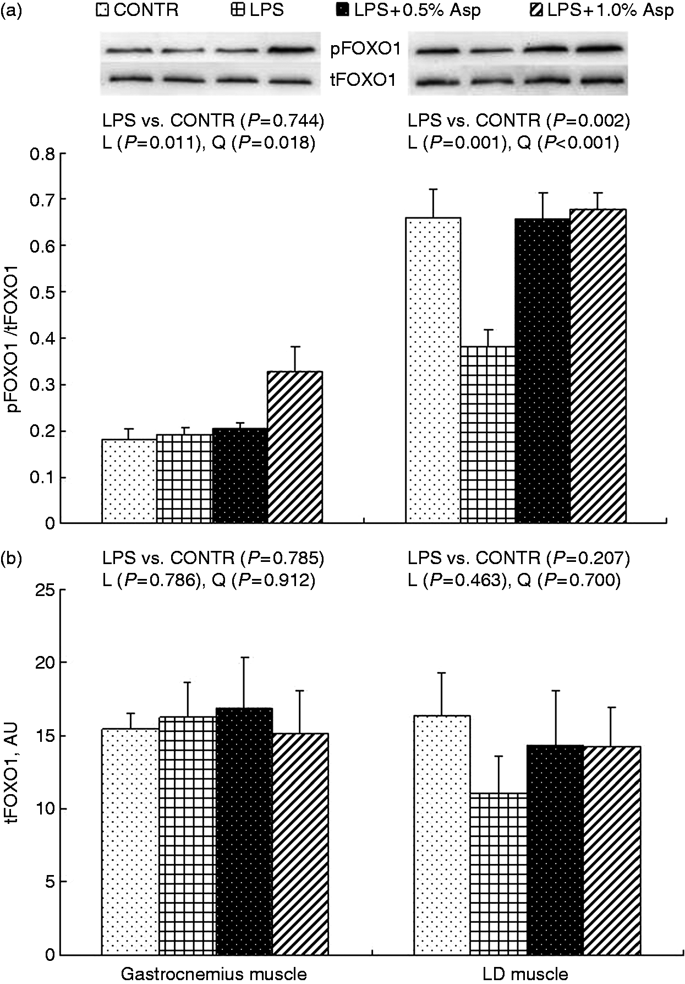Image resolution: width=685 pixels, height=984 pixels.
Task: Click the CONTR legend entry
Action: pos(137,11)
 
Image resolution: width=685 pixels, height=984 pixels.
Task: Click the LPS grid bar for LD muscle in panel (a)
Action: pos(488,434)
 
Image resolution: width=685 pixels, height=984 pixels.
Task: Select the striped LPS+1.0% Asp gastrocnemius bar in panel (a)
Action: pos(295,447)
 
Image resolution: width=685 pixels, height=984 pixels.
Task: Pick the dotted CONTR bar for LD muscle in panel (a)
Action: pos(433,370)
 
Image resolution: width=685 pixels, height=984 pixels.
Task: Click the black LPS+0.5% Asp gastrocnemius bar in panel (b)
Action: pos(244,834)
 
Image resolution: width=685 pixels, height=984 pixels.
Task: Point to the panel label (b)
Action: pos(12,559)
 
